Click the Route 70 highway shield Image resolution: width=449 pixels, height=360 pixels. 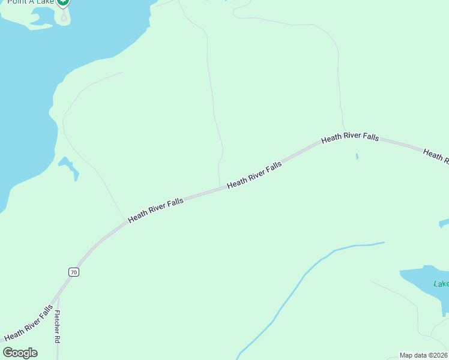[x=73, y=272]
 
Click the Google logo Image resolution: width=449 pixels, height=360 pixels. [x=20, y=353]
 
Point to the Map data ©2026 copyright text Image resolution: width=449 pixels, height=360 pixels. [x=423, y=355]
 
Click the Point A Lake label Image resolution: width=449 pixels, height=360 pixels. [x=30, y=2]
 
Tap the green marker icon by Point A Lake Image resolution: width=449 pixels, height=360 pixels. [x=64, y=2]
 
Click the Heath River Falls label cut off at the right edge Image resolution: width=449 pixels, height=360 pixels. [x=436, y=155]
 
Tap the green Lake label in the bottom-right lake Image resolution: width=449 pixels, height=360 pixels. [x=441, y=284]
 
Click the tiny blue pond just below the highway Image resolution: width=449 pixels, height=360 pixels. [x=357, y=157]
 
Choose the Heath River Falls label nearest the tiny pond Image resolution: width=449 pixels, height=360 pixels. [x=350, y=137]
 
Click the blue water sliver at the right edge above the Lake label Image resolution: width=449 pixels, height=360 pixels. [x=444, y=223]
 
